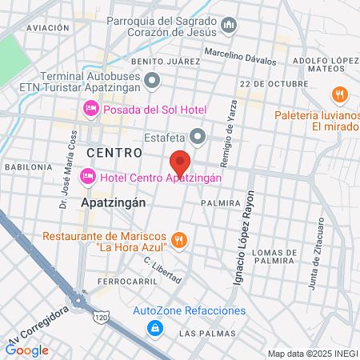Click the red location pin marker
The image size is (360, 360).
[180, 163]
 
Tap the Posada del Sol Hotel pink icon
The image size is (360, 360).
[91, 109]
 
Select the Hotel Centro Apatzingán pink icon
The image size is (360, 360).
[88, 174]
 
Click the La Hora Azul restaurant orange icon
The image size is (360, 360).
[181, 238]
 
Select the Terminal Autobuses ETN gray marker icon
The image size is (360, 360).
[153, 78]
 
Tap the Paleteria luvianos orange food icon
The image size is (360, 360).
[341, 94]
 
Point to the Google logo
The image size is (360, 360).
[27, 350]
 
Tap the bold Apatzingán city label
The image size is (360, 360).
[114, 203]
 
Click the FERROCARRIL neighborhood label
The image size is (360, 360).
[122, 282]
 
